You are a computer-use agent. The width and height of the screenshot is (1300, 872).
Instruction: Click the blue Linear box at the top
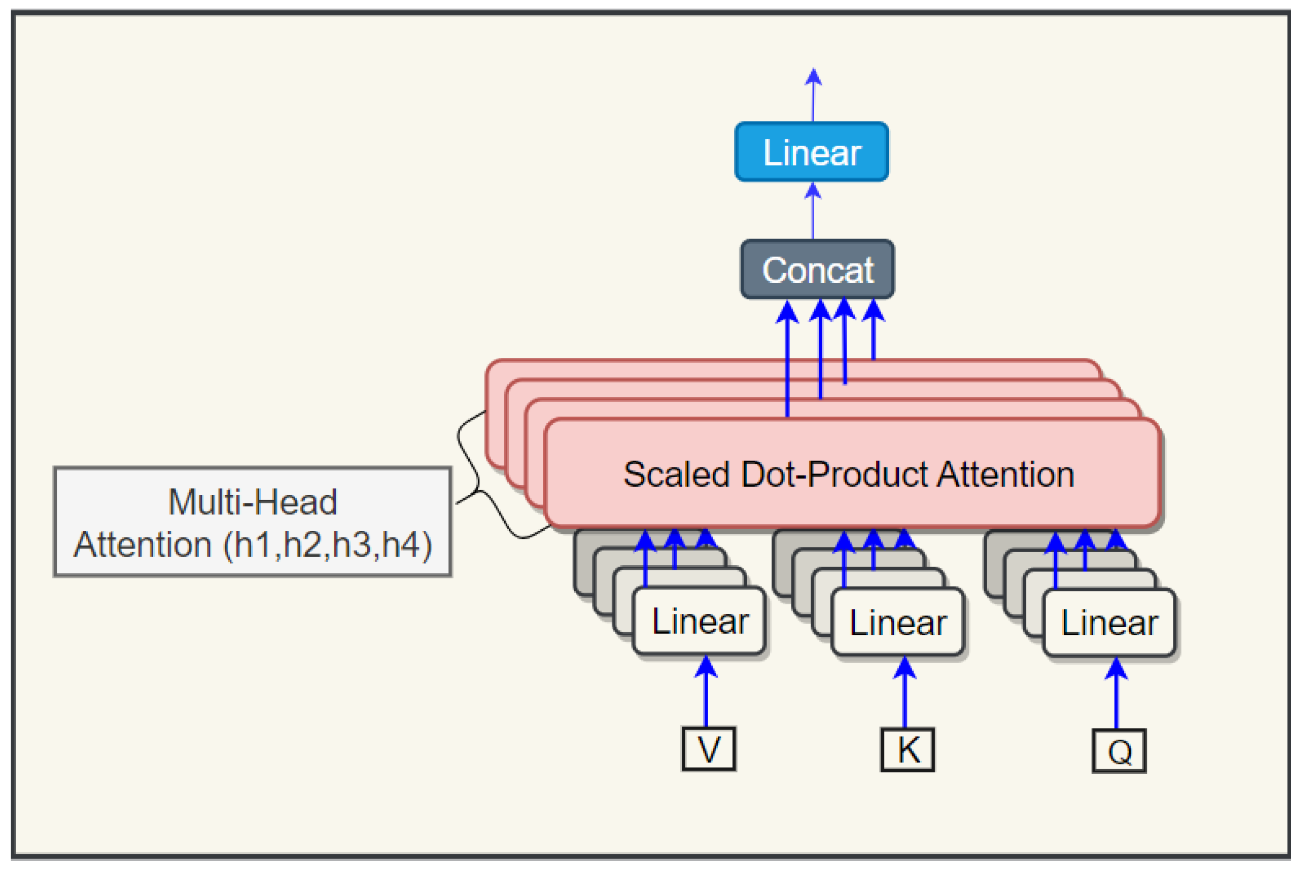[811, 152]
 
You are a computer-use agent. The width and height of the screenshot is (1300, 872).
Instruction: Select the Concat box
[817, 270]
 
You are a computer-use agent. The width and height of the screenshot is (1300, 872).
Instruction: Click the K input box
[907, 749]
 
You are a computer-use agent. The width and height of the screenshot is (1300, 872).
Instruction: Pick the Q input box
[1119, 751]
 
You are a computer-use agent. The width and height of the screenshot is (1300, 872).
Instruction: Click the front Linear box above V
[699, 621]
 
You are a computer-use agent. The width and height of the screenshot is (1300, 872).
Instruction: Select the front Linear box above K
[897, 622]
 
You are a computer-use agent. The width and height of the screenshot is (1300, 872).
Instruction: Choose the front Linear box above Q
[1109, 623]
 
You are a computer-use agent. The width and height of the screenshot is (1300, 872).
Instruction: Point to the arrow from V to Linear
[705, 695]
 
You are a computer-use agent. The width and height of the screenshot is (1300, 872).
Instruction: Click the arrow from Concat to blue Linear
[813, 214]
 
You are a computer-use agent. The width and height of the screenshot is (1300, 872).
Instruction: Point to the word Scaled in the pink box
[676, 475]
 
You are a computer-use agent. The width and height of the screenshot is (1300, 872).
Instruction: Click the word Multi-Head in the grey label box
[252, 502]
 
